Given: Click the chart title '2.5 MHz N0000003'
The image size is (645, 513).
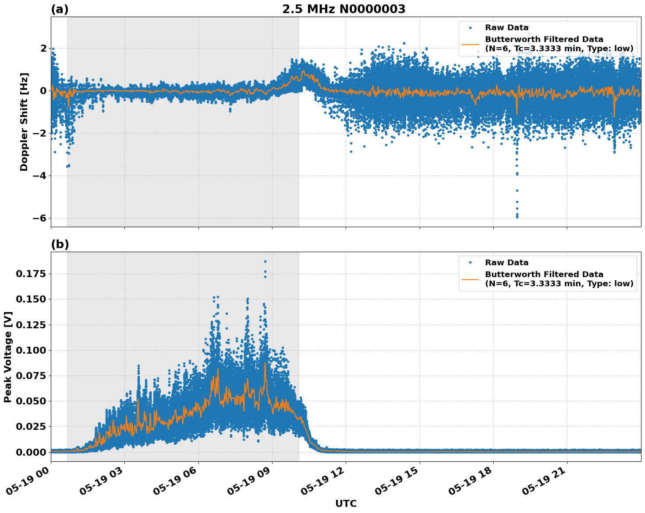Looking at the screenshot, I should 344,9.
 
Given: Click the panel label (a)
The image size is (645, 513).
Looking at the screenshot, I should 60,9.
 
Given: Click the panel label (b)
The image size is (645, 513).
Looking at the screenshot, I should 60,244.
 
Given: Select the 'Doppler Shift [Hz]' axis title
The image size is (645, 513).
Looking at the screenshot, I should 24,122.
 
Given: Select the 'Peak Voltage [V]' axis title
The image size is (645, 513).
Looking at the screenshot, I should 8,357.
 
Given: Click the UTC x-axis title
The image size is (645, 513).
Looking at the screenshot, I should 346,503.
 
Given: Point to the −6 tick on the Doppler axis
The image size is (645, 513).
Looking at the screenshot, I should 39,218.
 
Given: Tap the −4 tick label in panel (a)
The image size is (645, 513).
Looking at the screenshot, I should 39,176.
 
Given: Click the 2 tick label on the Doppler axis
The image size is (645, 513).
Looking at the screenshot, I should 43,48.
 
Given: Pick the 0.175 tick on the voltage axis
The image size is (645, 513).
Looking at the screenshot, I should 32,274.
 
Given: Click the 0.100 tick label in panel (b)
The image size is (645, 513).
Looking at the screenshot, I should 32,350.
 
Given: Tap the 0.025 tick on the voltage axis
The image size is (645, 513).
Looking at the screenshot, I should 32,426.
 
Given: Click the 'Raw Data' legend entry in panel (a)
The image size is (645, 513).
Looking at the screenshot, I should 507,28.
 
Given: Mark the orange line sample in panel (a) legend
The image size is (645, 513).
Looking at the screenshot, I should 470,44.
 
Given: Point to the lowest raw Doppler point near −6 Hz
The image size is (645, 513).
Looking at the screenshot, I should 517,217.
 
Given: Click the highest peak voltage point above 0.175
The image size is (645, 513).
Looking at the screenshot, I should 265,261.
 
